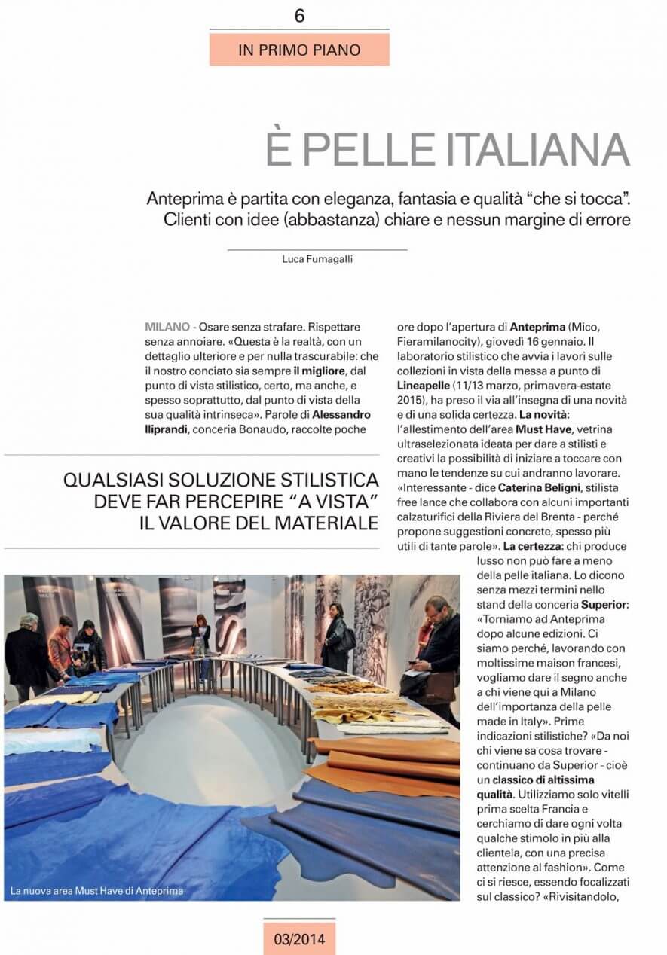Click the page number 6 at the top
click(x=299, y=16)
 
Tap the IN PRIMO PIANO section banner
click(x=299, y=50)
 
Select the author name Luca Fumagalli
click(x=317, y=258)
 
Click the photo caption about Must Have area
click(x=96, y=891)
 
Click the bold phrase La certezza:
click(x=534, y=545)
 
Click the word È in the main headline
click(x=280, y=150)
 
